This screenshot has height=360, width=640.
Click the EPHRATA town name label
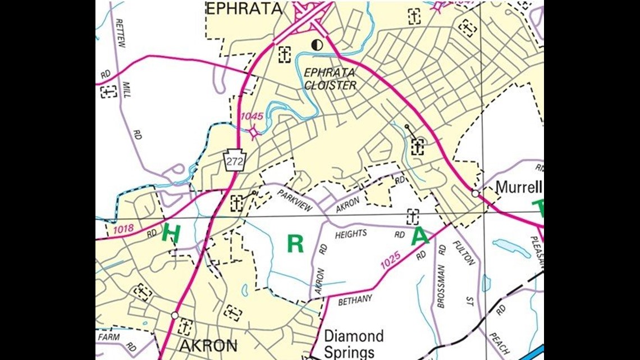243,8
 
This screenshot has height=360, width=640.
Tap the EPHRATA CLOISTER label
330,79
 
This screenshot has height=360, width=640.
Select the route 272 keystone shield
234,160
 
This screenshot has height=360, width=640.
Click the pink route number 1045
252,116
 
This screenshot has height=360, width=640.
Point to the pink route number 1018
124,229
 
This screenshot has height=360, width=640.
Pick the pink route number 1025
390,259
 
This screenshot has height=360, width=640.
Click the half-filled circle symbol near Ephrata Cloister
317,45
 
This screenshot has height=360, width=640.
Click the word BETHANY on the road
355,300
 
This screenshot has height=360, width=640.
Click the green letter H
171,234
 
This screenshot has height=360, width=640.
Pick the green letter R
295,244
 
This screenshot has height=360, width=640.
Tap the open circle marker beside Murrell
475,193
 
